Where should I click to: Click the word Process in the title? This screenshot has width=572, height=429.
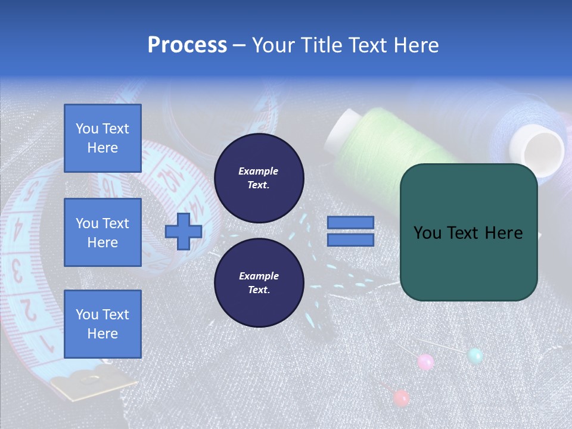coord(187,45)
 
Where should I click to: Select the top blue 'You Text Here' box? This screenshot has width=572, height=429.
coord(102,138)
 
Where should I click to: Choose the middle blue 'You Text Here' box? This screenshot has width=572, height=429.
coord(102,232)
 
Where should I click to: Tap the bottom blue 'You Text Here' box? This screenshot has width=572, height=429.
coord(102,324)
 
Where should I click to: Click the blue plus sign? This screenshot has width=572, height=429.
coord(184,232)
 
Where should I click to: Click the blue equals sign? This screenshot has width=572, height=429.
coord(350,231)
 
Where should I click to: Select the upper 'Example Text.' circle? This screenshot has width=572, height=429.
coord(259,178)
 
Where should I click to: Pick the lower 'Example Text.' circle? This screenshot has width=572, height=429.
coord(259,283)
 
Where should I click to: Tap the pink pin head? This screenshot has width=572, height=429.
coord(425,362)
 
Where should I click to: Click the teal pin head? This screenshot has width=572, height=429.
coord(475,356)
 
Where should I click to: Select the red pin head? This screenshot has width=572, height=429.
coord(402,397)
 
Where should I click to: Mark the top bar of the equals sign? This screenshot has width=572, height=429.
coord(350,223)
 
